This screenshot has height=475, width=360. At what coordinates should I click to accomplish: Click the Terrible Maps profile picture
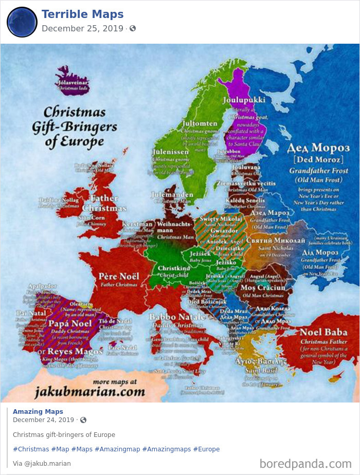[x=22, y=22]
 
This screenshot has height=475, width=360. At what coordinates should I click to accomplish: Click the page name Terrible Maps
[x=82, y=14]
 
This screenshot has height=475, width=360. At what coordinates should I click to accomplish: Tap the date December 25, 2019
[x=82, y=28]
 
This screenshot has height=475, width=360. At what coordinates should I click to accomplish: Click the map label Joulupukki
[x=244, y=100]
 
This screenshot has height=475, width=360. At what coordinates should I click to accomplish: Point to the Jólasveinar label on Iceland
[x=74, y=81]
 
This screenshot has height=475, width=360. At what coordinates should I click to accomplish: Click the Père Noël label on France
[x=119, y=276]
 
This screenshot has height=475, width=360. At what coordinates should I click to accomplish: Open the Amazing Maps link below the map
[x=38, y=411]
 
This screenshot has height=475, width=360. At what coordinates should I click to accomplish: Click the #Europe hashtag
[x=206, y=449]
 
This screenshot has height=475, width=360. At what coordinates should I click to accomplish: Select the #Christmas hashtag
[x=31, y=449]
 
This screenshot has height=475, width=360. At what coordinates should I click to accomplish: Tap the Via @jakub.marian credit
[x=42, y=463]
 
